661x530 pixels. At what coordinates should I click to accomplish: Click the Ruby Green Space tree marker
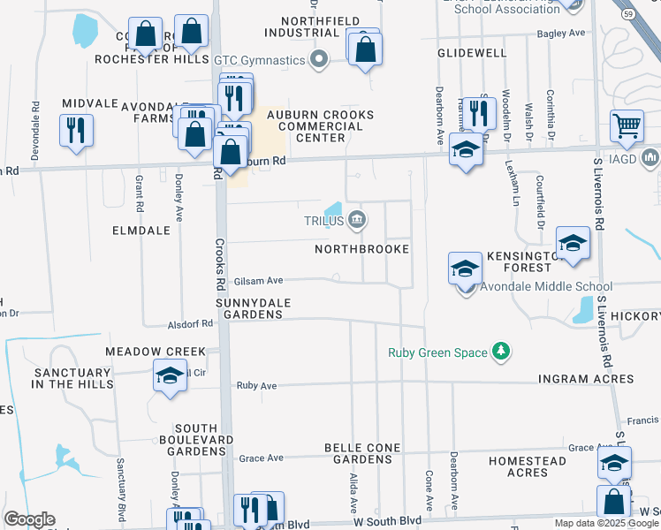pos(501,352)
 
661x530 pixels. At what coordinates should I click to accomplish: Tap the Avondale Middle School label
pos(546,286)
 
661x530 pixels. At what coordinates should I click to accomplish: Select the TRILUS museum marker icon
pos(357,220)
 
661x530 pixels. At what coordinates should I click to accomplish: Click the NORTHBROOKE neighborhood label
pos(362,250)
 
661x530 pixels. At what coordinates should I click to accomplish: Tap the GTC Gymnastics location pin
pos(320,60)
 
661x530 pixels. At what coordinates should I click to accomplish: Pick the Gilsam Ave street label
pos(258,280)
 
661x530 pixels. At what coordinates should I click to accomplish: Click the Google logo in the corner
pos(29,519)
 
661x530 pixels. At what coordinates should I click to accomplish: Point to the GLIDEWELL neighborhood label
pos(472,53)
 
